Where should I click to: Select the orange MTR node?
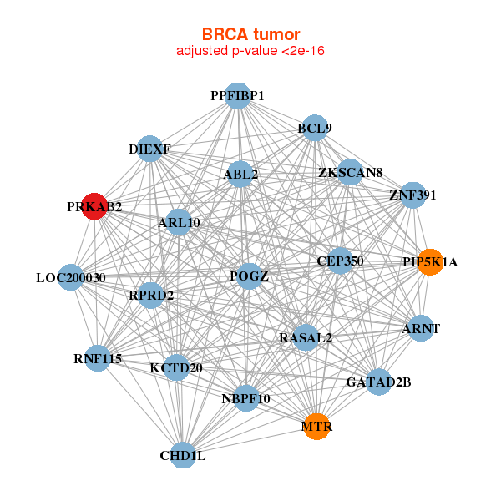[x=316, y=427]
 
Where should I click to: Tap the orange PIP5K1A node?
[x=430, y=262]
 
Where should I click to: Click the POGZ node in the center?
[x=249, y=276]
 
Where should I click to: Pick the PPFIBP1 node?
[x=238, y=96]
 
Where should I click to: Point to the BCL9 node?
[x=315, y=129]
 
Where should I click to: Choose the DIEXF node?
[x=149, y=149]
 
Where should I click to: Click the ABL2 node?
[x=240, y=175]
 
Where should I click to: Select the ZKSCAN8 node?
[x=350, y=173]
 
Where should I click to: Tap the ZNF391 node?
[x=412, y=195]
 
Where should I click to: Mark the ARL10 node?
[x=180, y=222]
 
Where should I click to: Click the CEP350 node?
[x=340, y=261]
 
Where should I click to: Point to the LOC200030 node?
[x=71, y=277]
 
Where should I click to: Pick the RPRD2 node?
[x=151, y=295]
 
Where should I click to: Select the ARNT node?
[x=421, y=328]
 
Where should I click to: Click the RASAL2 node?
[x=306, y=338]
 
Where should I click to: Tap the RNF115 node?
[x=98, y=359]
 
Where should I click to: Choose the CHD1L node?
[x=183, y=456]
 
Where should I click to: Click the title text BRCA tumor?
[x=250, y=34]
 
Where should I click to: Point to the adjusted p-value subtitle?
[x=250, y=51]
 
